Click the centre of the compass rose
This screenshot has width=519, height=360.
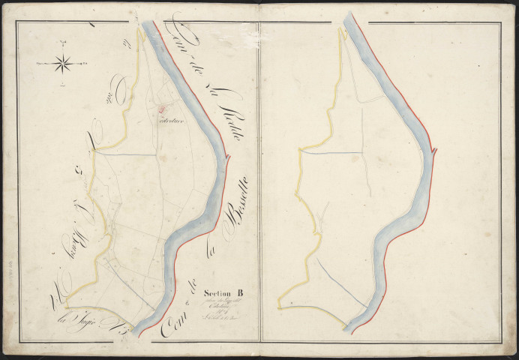[63, 64]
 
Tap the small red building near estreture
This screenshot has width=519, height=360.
[159, 110]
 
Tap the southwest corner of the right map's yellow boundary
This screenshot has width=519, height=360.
[278, 307]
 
